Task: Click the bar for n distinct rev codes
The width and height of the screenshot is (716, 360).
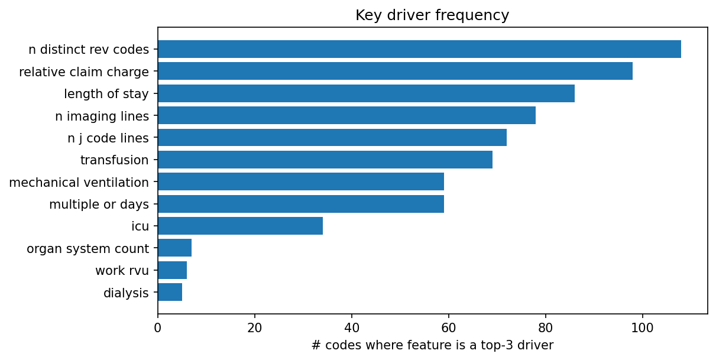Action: pos(419,49)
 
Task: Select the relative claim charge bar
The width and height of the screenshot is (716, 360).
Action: pos(395,71)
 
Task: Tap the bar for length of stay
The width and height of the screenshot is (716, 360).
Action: pos(366,93)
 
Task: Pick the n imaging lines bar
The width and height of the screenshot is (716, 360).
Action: pos(346,115)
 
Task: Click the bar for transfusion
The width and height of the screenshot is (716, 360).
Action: pos(325,160)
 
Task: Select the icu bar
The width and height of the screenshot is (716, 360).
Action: pos(240,226)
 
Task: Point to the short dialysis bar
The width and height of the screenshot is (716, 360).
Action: pos(170,292)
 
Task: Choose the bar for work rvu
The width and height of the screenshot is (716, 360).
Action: pos(172,270)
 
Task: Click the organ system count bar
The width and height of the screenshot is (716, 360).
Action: pos(174,248)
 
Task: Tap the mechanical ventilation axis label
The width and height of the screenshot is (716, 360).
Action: pos(79,182)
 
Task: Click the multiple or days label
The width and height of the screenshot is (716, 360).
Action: pos(99,205)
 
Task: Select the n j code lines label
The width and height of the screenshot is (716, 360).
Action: pos(108,138)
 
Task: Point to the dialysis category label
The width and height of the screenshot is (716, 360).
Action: pos(126,293)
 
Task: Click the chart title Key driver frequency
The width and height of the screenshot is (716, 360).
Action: pos(432,15)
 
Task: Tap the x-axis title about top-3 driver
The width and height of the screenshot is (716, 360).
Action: pos(432,345)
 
